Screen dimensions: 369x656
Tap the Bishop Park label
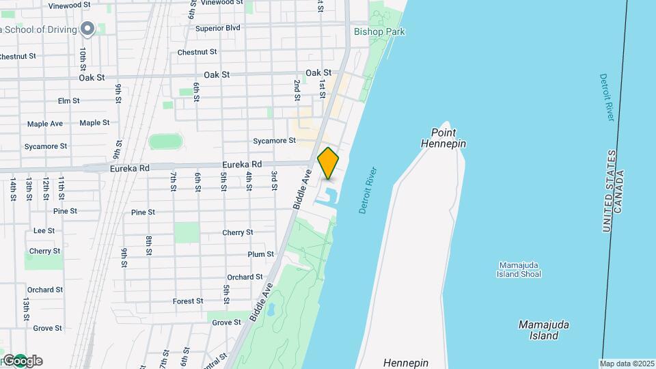pyautogui.click(x=379, y=31)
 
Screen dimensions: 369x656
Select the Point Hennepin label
pyautogui.click(x=448, y=138)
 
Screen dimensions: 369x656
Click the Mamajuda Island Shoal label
pyautogui.click(x=520, y=269)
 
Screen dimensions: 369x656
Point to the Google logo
pyautogui.click(x=22, y=361)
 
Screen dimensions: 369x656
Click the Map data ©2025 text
pyautogui.click(x=627, y=364)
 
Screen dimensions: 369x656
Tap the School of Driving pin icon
pyautogui.click(x=87, y=29)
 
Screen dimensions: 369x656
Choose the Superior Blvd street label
pyautogui.click(x=217, y=28)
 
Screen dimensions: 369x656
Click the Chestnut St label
pyautogui.click(x=197, y=52)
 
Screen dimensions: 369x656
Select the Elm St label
pyautogui.click(x=68, y=100)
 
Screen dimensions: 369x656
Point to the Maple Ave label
pyautogui.click(x=45, y=124)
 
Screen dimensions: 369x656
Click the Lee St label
pyautogui.click(x=44, y=231)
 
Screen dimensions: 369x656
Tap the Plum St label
pyautogui.click(x=260, y=254)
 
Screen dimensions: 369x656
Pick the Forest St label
pyautogui.click(x=188, y=301)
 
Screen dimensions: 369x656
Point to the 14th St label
pyautogui.click(x=13, y=188)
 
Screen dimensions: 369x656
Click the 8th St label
pyautogui.click(x=148, y=245)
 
